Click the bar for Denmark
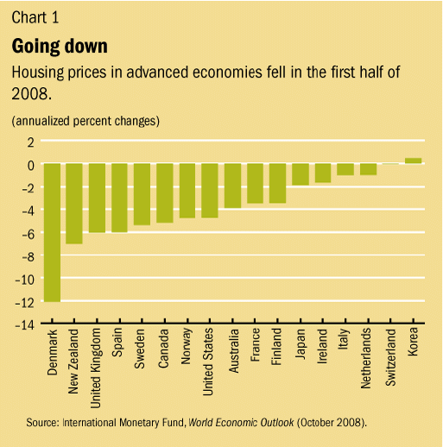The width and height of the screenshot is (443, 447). [x=53, y=232]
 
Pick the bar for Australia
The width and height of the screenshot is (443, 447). [x=232, y=186]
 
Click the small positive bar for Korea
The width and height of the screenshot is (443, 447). [x=413, y=161]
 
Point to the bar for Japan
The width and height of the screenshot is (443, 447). [x=300, y=174]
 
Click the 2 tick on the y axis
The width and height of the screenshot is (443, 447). [x=30, y=142]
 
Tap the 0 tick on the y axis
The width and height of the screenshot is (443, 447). [x=30, y=164]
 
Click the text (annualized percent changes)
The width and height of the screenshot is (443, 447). [x=85, y=121]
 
